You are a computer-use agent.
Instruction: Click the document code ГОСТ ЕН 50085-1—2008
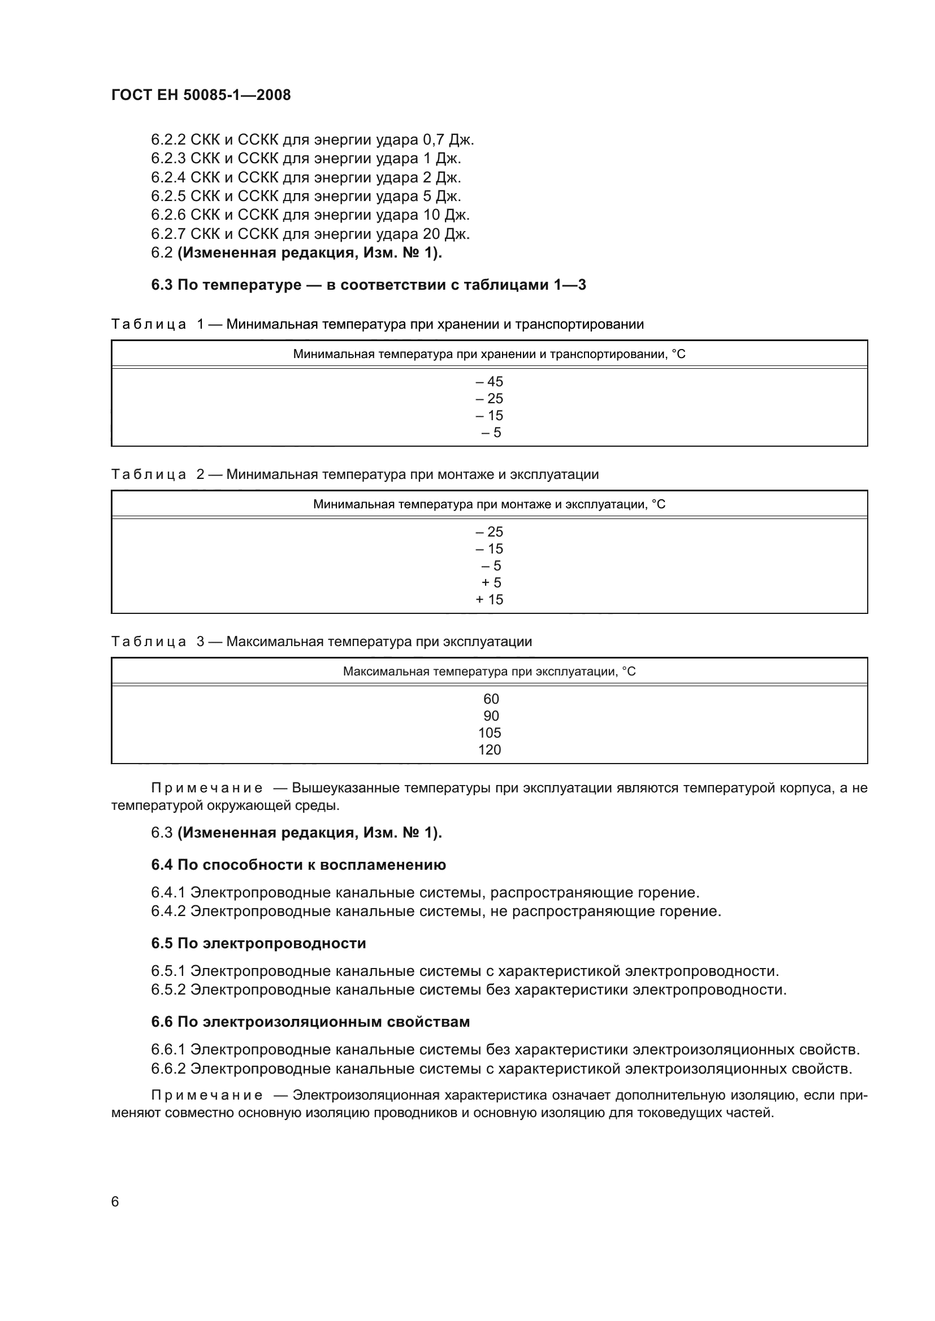click(x=201, y=95)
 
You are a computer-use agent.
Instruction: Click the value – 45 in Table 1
click(x=489, y=381)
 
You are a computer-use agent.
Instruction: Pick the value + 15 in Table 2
click(x=489, y=600)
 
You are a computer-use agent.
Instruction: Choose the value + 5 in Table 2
click(x=491, y=582)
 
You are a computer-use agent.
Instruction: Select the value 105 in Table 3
click(x=490, y=733)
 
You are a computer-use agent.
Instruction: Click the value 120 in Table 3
click(x=490, y=749)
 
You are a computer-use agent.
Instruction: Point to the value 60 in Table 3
click(x=491, y=699)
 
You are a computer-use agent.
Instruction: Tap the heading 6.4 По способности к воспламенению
click(x=298, y=865)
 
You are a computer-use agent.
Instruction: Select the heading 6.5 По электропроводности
click(x=258, y=943)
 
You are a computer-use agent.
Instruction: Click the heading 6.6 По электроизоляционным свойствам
click(x=310, y=1022)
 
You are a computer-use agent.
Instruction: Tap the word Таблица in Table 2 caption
click(x=149, y=474)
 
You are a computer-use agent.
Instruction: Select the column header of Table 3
click(x=489, y=672)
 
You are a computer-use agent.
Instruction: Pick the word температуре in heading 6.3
click(x=252, y=285)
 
